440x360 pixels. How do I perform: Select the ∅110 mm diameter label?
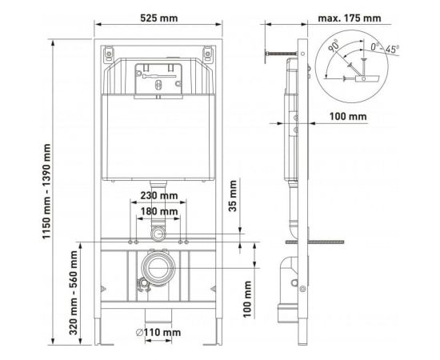tap(158, 331)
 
